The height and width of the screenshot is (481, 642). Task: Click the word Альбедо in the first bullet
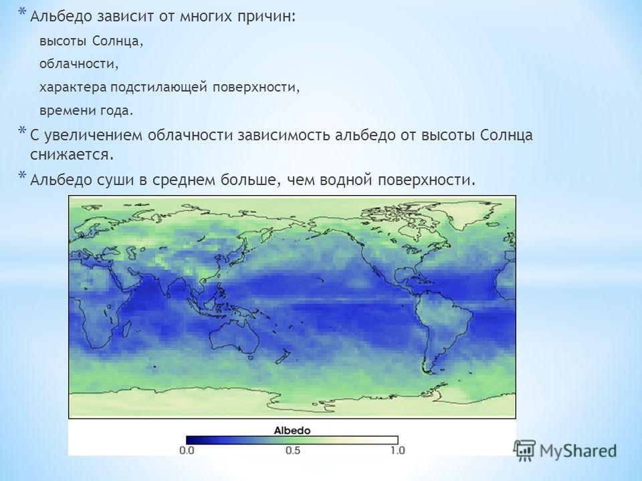(x=62, y=17)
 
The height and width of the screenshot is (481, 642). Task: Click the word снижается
(x=72, y=155)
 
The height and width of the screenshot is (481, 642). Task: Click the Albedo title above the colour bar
(x=292, y=430)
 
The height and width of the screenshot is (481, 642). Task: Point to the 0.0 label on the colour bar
(x=187, y=450)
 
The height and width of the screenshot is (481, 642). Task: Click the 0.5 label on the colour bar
(x=293, y=450)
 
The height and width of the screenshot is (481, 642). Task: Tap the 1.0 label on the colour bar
(x=397, y=450)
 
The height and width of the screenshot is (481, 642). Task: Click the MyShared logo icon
(x=524, y=451)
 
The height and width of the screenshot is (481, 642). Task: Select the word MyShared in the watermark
(x=578, y=451)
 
